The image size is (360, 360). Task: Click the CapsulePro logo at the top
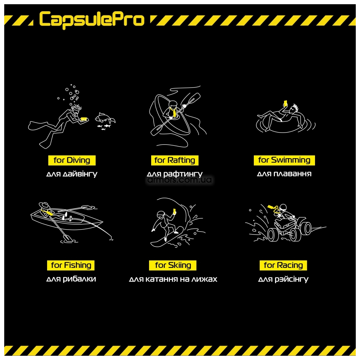[x=91, y=19]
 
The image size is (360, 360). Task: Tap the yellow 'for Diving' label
[x=72, y=160]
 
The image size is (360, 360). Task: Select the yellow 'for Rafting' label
[x=175, y=160]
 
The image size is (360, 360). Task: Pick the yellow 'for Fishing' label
[x=71, y=265]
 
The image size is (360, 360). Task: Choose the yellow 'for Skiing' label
[x=173, y=265]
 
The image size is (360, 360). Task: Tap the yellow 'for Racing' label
[x=283, y=265]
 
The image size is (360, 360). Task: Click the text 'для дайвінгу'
[x=72, y=174]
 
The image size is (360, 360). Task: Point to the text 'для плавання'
[x=284, y=174]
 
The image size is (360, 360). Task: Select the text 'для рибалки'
[x=71, y=279]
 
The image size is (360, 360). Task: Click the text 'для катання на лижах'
[x=173, y=279]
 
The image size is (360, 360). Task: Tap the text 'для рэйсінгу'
[x=283, y=279]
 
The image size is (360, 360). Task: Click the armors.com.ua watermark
[x=180, y=180]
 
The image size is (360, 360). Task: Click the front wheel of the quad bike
[x=273, y=234]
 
